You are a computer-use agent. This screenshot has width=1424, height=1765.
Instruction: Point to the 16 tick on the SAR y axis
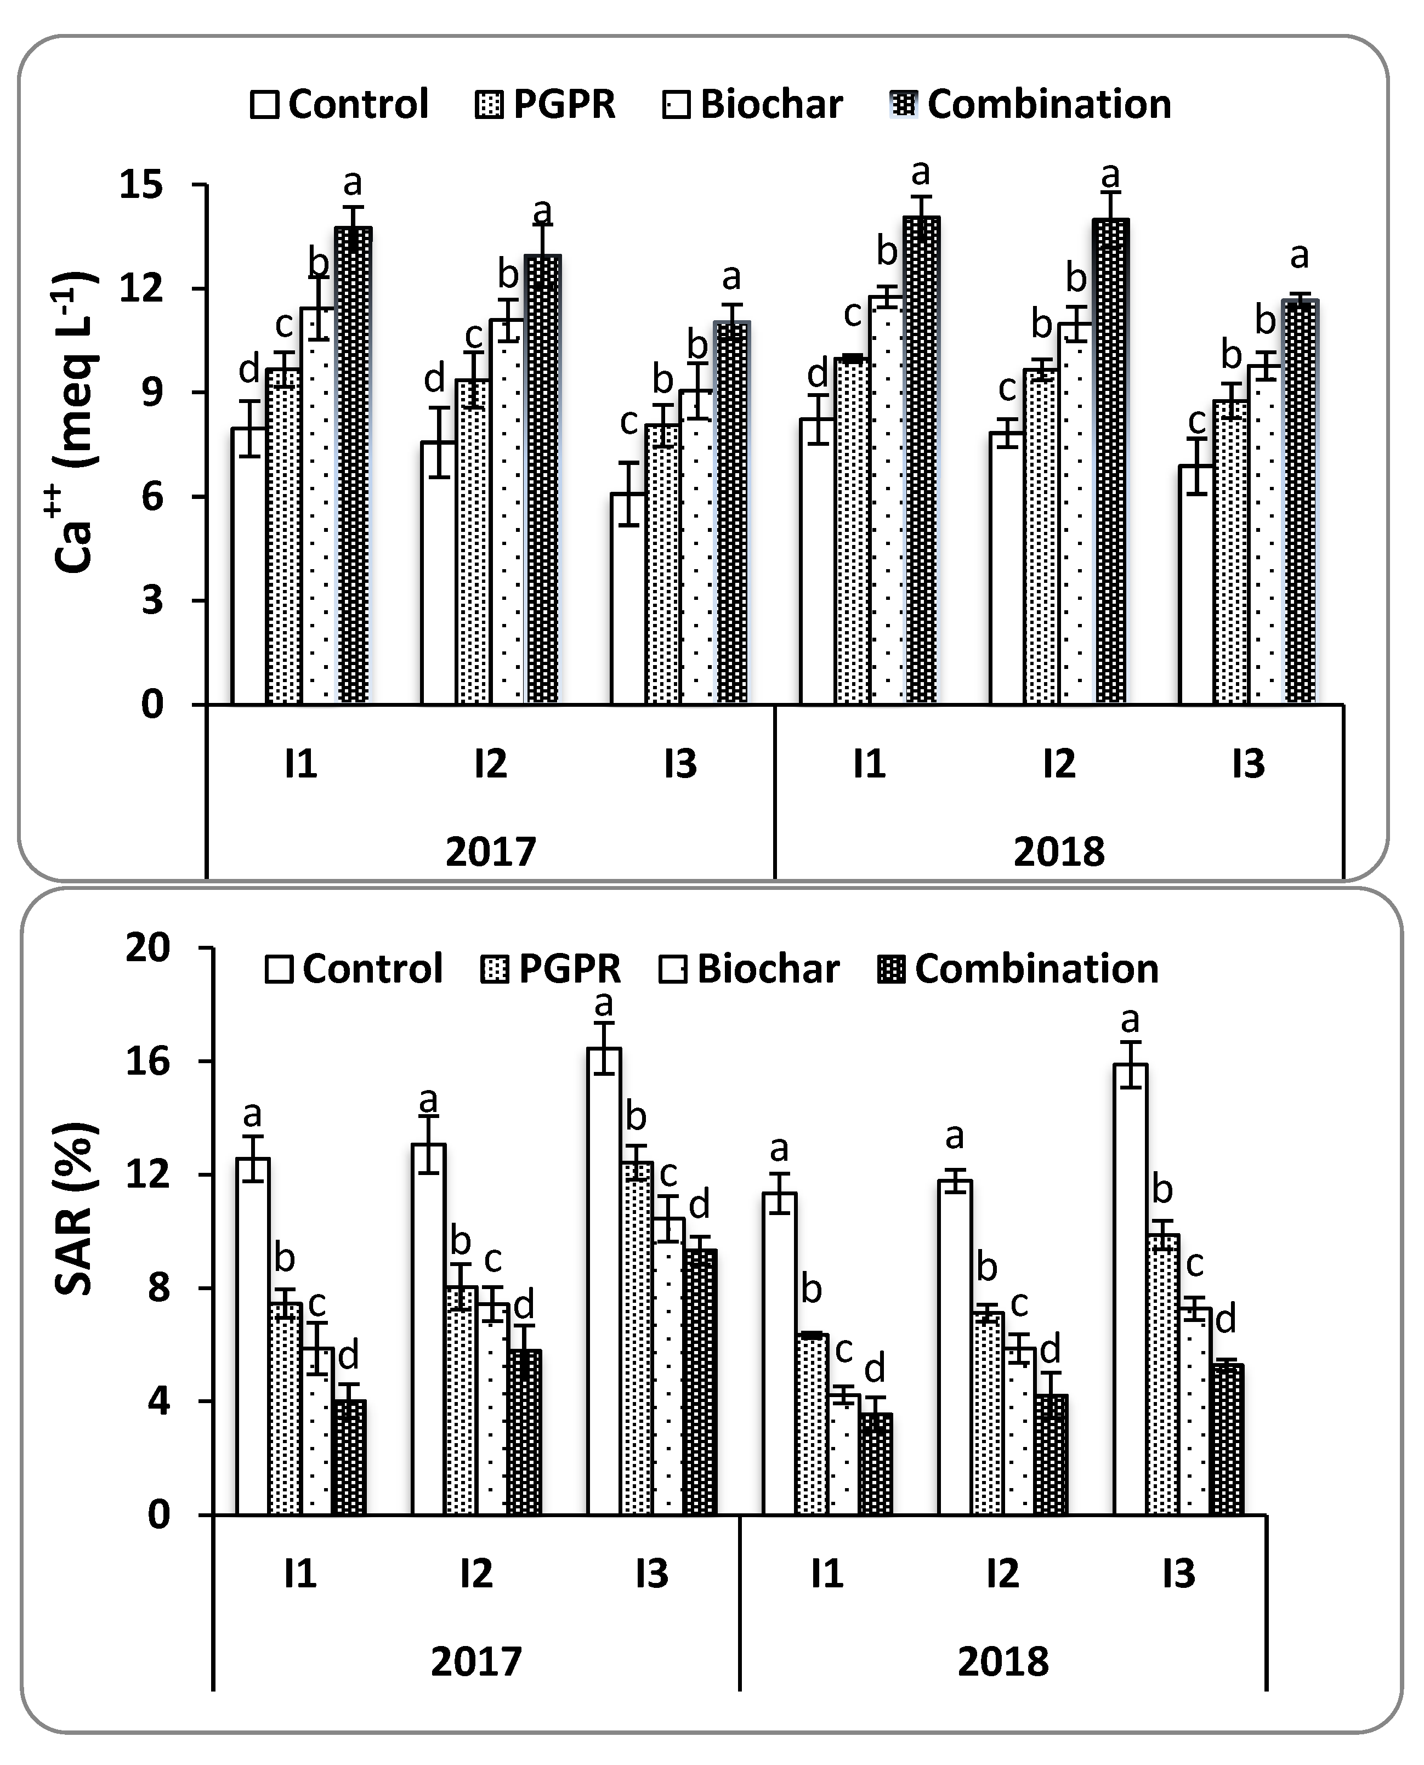click(x=147, y=1062)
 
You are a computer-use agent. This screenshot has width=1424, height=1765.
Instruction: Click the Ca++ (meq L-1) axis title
click(x=76, y=422)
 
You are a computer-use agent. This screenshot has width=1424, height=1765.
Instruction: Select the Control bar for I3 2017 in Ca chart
click(x=628, y=599)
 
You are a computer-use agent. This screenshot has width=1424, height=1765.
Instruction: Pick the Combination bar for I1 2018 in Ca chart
click(x=921, y=459)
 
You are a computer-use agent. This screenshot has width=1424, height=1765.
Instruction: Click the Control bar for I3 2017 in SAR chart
click(x=604, y=1279)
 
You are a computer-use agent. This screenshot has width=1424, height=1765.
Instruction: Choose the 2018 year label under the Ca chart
click(x=1059, y=852)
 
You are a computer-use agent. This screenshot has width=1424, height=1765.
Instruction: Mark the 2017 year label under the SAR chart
click(x=476, y=1662)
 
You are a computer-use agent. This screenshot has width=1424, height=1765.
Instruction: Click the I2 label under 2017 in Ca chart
click(x=491, y=764)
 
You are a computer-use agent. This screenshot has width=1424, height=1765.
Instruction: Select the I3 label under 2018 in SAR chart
click(x=1179, y=1574)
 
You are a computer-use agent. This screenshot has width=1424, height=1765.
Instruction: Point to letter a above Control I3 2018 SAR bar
click(x=1130, y=1020)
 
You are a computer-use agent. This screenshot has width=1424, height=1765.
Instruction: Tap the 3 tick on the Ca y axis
click(x=152, y=601)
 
